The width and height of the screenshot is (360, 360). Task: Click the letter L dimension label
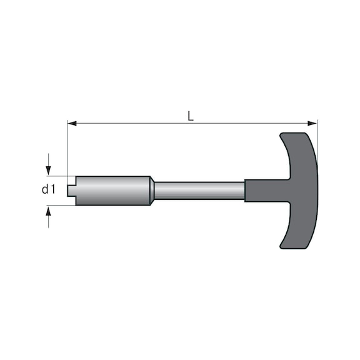pos(191,116)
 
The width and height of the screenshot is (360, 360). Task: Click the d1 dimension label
pos(49,189)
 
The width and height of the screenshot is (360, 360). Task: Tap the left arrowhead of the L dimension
pos(72,124)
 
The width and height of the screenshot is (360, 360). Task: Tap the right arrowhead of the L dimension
pos(312,124)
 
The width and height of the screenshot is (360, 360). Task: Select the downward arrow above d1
pos(49,164)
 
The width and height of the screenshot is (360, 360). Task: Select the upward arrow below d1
pos(49,217)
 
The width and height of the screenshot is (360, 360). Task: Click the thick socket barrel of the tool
pos(112,191)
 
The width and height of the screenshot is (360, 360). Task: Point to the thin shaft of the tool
pos(199,191)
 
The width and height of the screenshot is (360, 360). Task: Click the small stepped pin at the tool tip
pos(72,191)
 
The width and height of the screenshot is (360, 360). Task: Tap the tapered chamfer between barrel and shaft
pos(152,191)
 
